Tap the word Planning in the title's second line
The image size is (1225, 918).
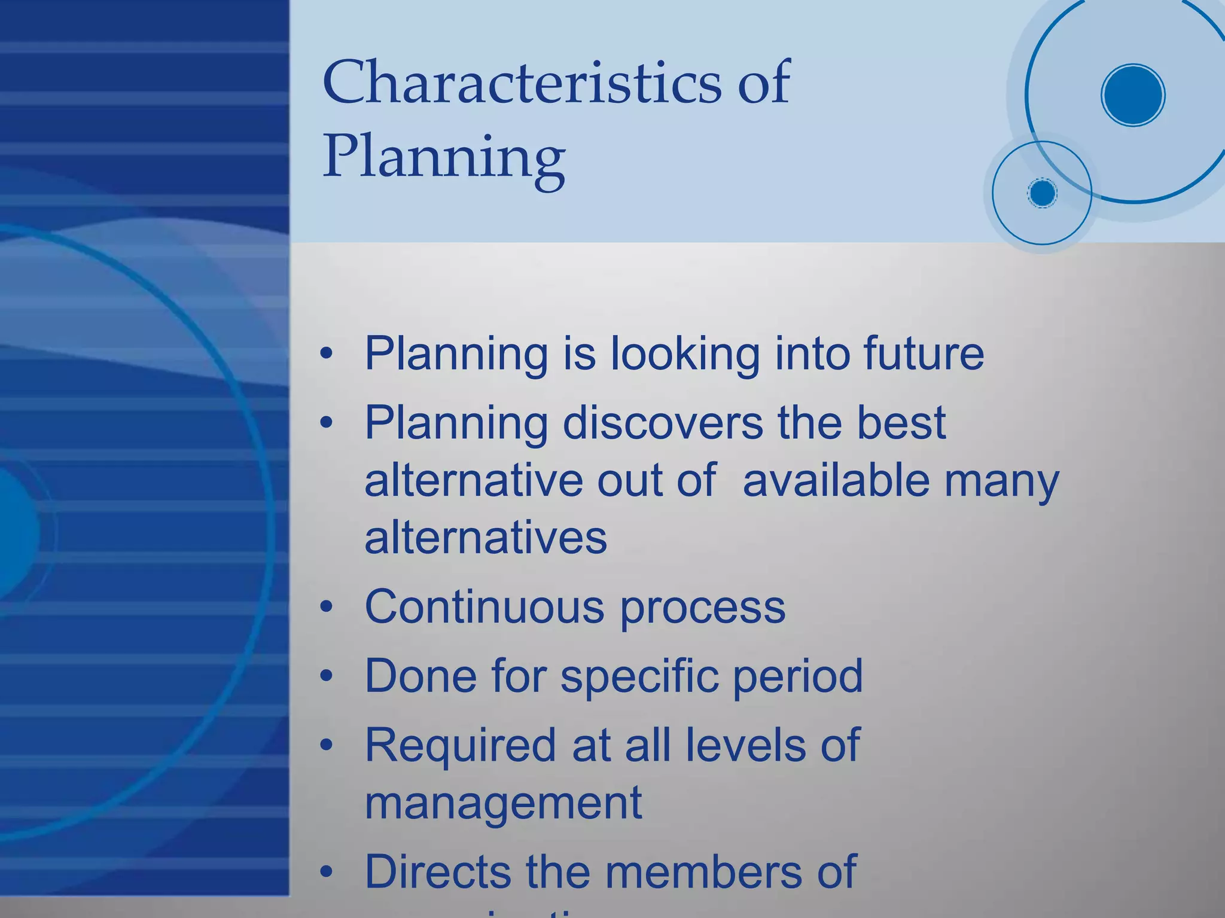pyautogui.click(x=443, y=157)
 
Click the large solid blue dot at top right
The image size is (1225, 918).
pyautogui.click(x=1132, y=95)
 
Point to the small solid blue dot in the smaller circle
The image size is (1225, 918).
pyautogui.click(x=1042, y=193)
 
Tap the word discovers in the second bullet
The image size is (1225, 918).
pyautogui.click(x=663, y=422)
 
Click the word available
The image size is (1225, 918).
pyautogui.click(x=836, y=480)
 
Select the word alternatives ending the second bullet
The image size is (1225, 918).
pyautogui.click(x=486, y=537)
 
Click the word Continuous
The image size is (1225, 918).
pyautogui.click(x=485, y=606)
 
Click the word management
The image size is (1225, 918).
pyautogui.click(x=503, y=803)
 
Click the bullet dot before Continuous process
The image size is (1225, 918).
pyautogui.click(x=326, y=608)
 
